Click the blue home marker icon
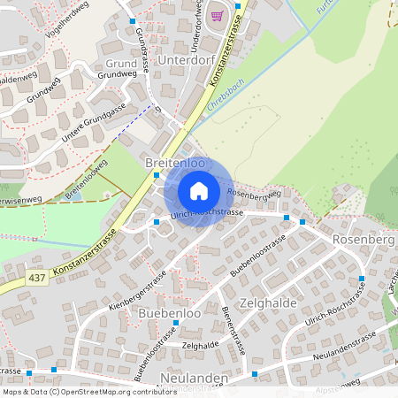pyautogui.click(x=199, y=191)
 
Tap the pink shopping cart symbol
pyautogui.click(x=217, y=15)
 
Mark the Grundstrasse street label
pyautogui.click(x=142, y=50)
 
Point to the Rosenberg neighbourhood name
pyautogui.click(x=362, y=240)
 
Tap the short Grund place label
pyautogui.click(x=121, y=65)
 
